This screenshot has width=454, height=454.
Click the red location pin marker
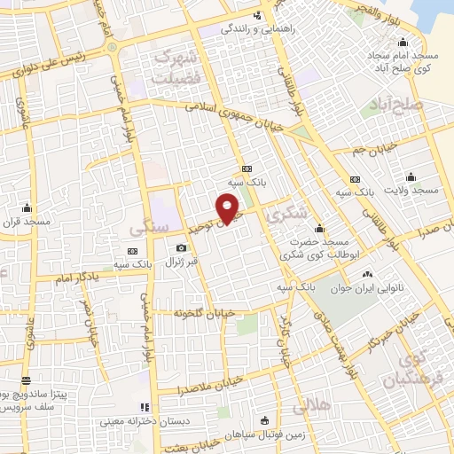(x=230, y=209)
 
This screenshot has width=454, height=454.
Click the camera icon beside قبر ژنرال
(x=182, y=247)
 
